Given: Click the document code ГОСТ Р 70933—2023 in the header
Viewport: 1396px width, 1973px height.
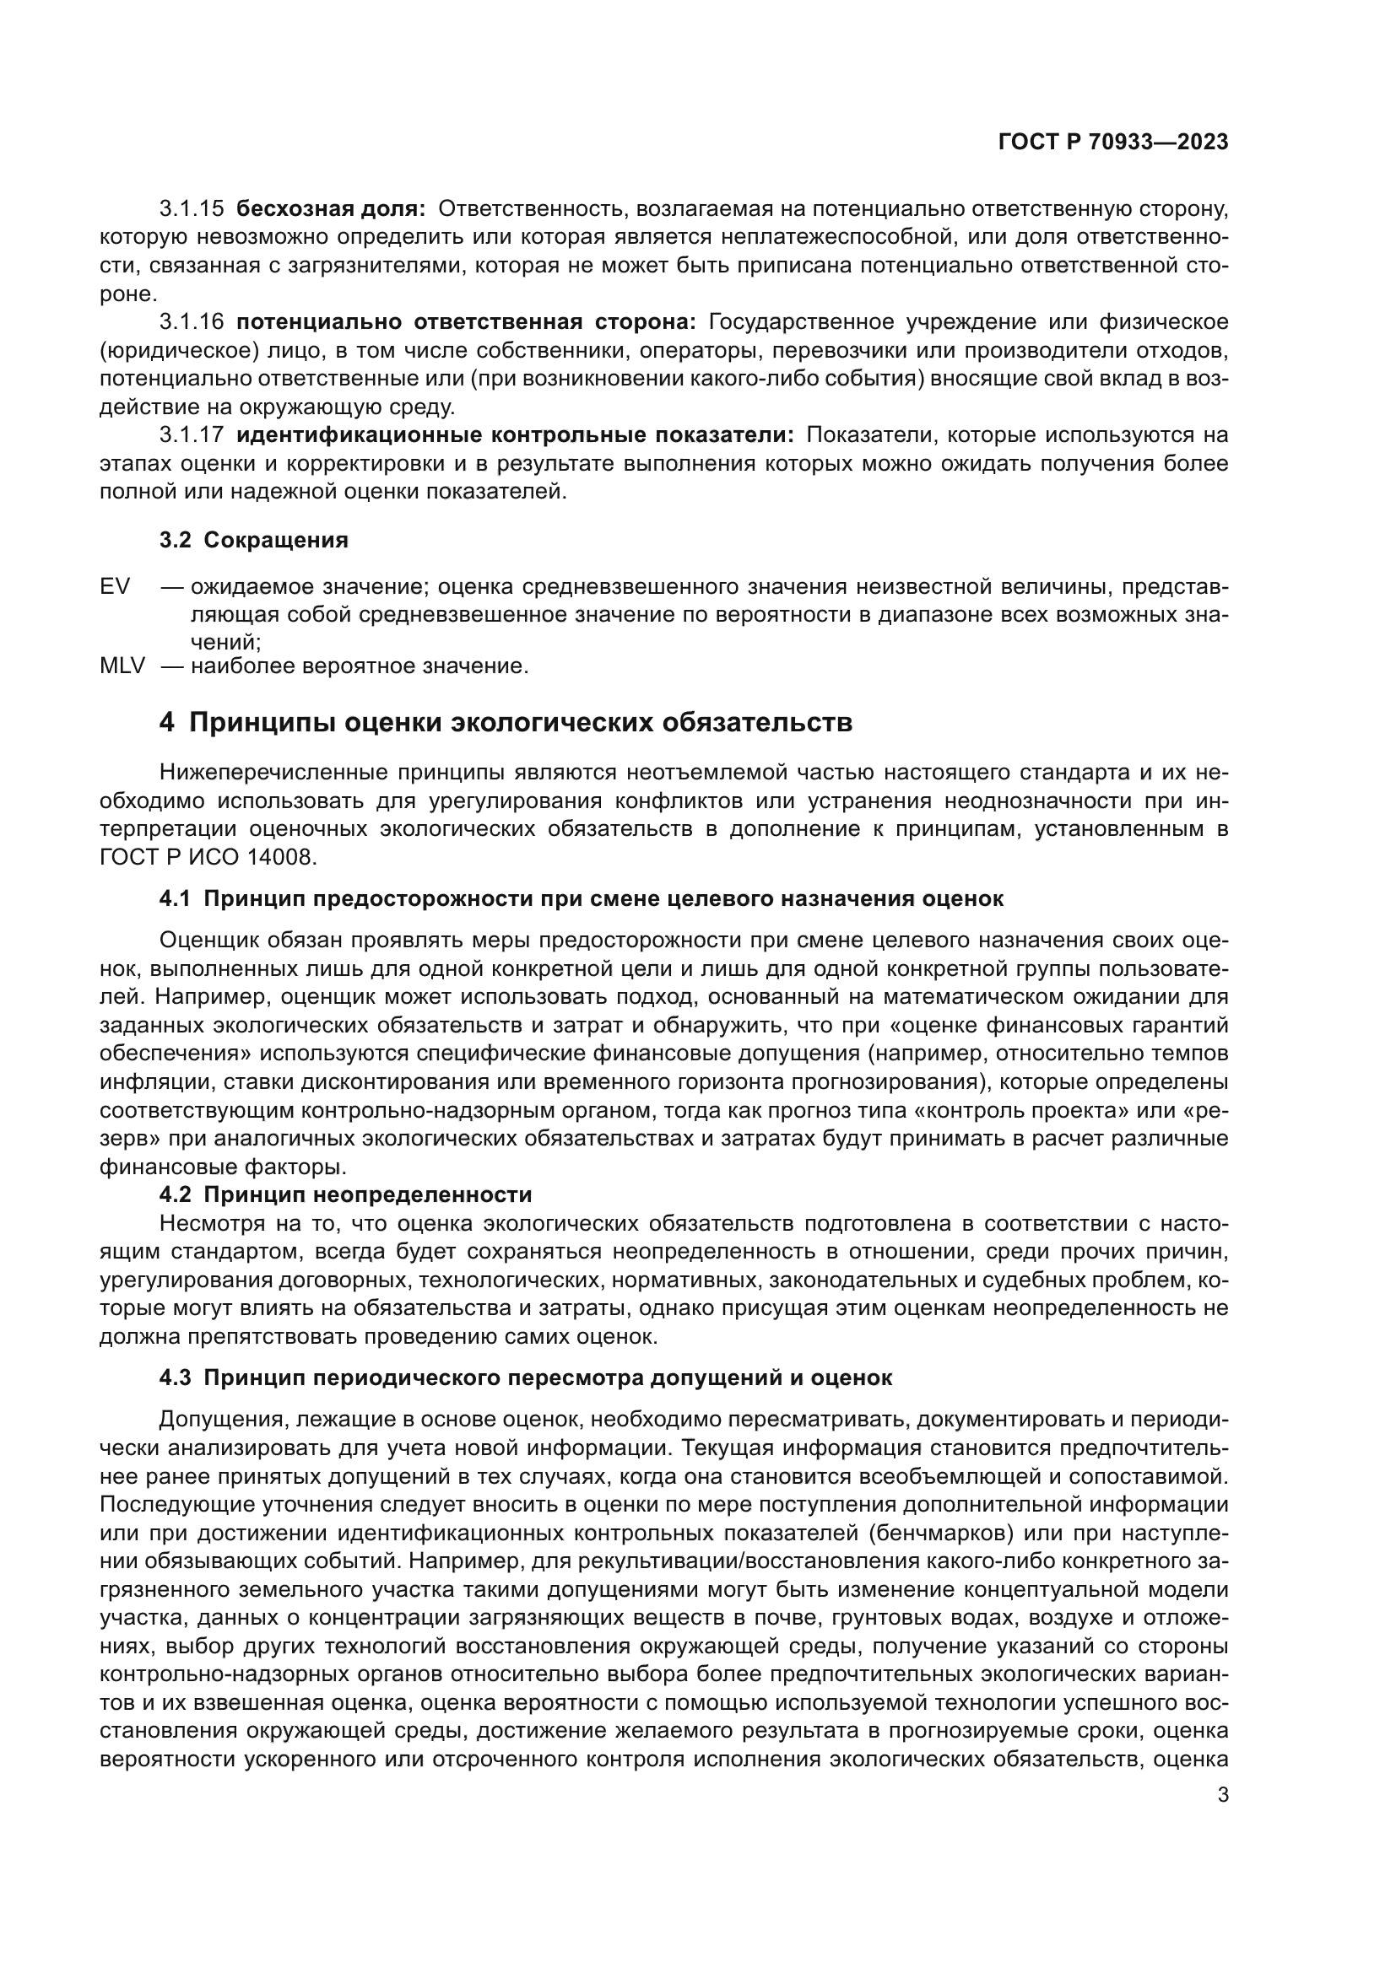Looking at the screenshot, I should (x=1113, y=143).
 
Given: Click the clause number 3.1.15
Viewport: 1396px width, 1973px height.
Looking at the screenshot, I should (x=192, y=209).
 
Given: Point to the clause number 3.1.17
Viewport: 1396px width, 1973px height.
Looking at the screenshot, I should (x=192, y=434).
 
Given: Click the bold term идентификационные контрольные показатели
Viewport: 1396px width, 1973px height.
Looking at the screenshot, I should (x=515, y=434).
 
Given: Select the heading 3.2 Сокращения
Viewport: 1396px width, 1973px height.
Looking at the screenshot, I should (x=253, y=541).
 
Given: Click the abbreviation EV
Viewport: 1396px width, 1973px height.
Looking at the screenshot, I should (x=115, y=587).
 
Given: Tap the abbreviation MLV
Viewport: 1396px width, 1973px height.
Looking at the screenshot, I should (x=122, y=666).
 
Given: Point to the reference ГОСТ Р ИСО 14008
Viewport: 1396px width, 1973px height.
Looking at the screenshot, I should (x=208, y=858).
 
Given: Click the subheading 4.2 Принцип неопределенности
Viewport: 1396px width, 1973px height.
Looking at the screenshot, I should (x=345, y=1194).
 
